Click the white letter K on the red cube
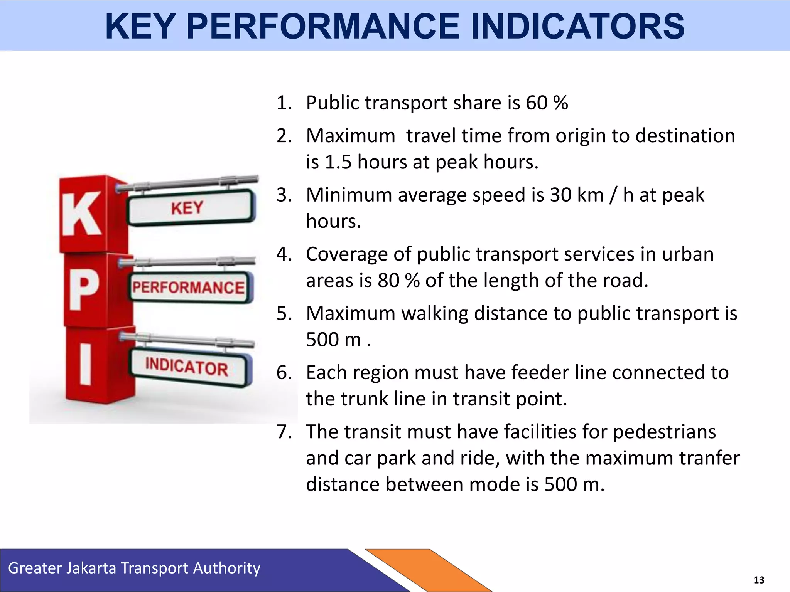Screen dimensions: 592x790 click(81, 214)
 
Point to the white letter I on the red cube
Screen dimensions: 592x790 click(86, 365)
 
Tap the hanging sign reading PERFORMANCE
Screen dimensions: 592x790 click(189, 288)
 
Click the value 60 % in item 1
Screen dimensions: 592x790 click(547, 103)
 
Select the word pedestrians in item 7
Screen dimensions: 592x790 click(664, 432)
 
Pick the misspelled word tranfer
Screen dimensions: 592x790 click(709, 458)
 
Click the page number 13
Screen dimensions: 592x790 click(758, 580)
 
